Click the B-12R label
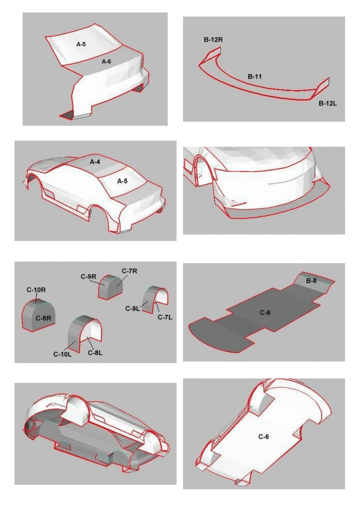coord(213,39)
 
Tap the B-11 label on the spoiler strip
coord(254,77)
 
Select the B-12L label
coord(328,104)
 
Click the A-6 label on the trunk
coord(106,61)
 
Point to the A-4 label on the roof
coord(95,162)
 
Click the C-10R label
coord(36,290)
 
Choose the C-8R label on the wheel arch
coord(43,318)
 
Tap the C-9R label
coord(88,276)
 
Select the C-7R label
coord(129,271)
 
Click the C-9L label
coord(133,308)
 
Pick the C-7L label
coord(165,317)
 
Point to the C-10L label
coord(62,354)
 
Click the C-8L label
coord(95,353)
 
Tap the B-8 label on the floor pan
coord(311,280)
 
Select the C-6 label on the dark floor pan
coord(265,313)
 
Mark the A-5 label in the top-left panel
coord(81,44)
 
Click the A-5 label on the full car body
coord(122,181)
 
